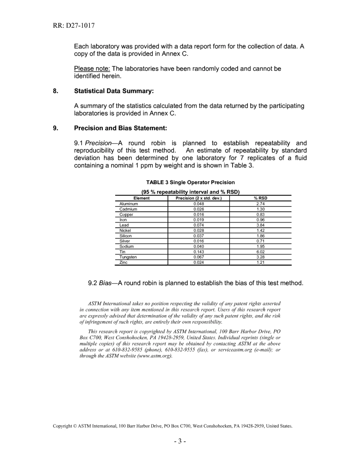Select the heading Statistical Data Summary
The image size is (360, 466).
114,91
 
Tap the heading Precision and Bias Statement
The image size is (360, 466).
120,128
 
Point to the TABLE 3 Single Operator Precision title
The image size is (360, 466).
190,183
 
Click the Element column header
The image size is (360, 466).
141,198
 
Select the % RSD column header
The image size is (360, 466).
260,198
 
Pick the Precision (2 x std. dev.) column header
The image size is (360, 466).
199,198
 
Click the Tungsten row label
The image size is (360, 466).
128,257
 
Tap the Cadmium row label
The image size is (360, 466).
128,209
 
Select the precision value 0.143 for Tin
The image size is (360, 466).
199,252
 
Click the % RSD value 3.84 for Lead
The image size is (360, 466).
260,225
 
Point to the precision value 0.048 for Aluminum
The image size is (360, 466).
199,204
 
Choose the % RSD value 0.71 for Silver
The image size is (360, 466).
260,241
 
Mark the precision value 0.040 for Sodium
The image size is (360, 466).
199,247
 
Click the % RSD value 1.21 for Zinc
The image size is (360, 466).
260,263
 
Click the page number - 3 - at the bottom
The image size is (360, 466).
180,441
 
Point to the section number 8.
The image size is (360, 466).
56,91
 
